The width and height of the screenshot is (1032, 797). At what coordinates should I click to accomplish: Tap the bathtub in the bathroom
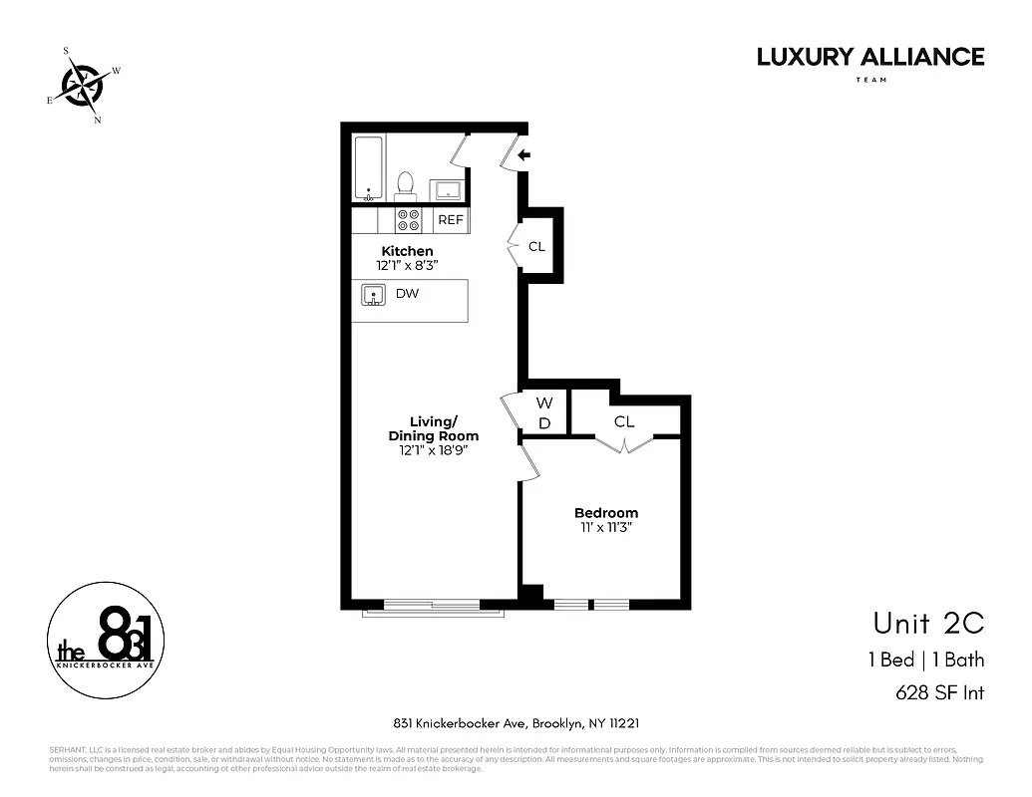click(x=369, y=168)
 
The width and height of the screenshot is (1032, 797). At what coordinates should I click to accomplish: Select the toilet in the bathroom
click(x=405, y=184)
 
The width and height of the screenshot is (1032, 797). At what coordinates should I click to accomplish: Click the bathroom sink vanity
click(x=445, y=189)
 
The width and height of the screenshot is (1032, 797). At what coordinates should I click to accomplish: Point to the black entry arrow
click(x=523, y=154)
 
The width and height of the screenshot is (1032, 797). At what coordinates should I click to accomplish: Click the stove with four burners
click(x=409, y=220)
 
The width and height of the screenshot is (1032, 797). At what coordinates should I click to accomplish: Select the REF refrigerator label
click(x=451, y=220)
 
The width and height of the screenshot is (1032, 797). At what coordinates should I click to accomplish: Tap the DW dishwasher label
click(x=407, y=294)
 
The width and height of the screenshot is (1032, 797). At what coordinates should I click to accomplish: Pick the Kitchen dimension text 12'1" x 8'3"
click(x=407, y=266)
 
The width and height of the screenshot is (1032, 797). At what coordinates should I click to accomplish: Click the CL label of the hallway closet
click(x=536, y=246)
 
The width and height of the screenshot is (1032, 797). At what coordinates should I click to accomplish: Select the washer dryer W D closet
click(x=544, y=412)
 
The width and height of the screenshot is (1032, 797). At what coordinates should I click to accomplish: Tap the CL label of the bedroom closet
click(x=624, y=421)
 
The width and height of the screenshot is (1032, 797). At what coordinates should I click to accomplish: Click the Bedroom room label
click(x=605, y=513)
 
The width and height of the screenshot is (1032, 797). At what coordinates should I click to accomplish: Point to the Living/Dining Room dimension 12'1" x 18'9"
click(x=433, y=450)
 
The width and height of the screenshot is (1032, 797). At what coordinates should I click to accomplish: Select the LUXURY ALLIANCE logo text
click(x=869, y=57)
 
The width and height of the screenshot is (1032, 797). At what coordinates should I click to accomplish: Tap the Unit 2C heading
click(x=927, y=624)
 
